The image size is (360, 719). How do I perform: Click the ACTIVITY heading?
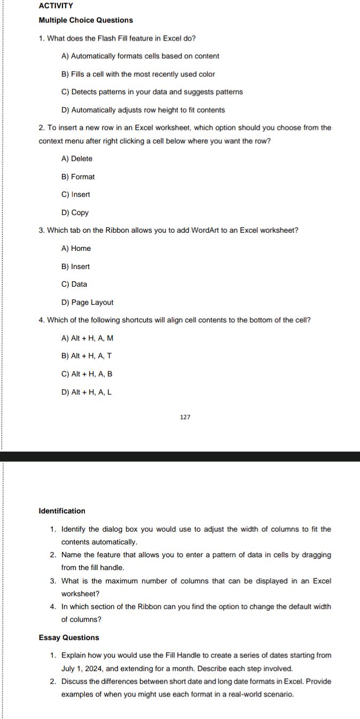coord(56,5)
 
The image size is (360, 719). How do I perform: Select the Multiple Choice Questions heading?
coord(86,20)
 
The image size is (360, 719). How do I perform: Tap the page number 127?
coord(185,417)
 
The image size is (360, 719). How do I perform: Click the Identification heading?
coord(62,511)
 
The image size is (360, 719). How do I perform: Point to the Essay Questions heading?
coord(69,637)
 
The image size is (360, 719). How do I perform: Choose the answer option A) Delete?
coord(77,159)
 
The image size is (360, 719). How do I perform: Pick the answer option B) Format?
coord(78,177)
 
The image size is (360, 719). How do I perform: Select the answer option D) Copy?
coord(75,212)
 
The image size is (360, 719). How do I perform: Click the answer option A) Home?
coord(76,248)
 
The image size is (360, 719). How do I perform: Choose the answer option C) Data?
coord(74,284)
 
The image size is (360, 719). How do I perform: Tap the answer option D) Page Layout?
coord(88,302)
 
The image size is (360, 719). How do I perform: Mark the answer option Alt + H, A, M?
coord(88,338)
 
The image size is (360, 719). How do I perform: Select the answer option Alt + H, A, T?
coord(87,355)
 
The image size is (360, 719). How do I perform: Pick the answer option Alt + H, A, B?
coord(87,374)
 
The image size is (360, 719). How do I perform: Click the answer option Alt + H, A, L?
coord(87,392)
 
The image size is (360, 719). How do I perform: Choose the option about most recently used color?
coord(138,74)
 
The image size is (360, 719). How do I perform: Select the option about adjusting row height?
coord(143,110)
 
